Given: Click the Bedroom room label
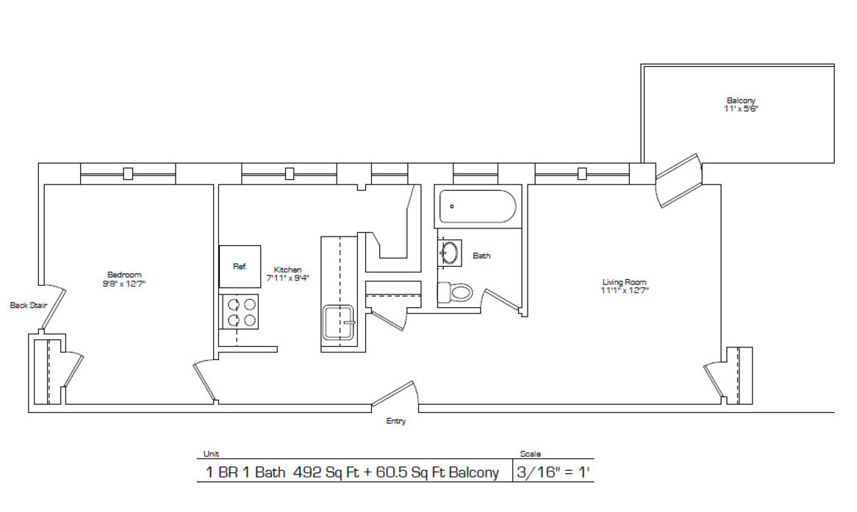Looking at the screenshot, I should tap(123, 275).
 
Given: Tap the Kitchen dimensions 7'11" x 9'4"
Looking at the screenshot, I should tap(287, 278).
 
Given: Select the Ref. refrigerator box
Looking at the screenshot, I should tap(240, 266).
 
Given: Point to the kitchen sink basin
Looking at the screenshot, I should tap(339, 322).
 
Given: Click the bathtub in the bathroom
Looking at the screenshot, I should tap(478, 206).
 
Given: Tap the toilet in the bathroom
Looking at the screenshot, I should tap(455, 292).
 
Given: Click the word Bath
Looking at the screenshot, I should tap(481, 256).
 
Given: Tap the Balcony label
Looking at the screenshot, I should tap(741, 101).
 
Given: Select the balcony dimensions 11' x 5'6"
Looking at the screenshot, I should tap(741, 109).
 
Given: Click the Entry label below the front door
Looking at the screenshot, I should tap(395, 422).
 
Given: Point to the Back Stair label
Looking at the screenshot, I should tap(28, 305).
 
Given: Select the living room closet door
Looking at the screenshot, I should tap(713, 381).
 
